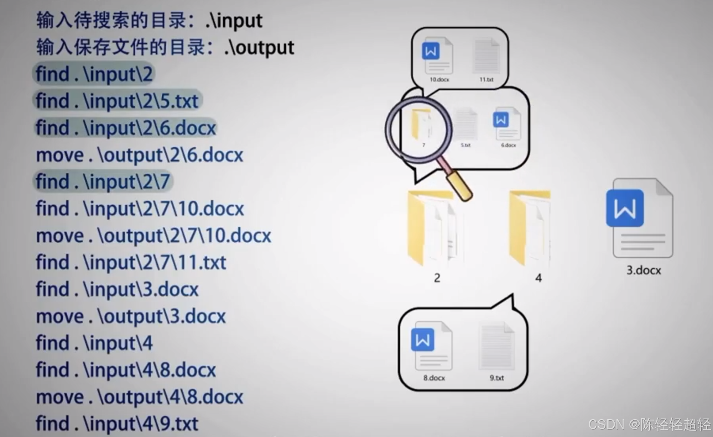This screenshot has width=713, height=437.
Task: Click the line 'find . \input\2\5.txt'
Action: click(117, 101)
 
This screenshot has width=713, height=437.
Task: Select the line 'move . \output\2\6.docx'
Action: click(140, 155)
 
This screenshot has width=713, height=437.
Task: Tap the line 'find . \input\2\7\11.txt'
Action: click(131, 263)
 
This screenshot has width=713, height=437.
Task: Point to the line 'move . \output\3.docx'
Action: click(131, 316)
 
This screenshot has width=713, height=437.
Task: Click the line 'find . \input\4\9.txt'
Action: click(117, 423)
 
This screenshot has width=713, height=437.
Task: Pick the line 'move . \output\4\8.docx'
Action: click(140, 397)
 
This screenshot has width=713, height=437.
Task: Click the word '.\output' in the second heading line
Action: click(259, 48)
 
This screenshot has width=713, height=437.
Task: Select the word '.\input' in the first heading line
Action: click(234, 21)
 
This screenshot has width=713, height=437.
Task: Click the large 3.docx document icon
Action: click(640, 218)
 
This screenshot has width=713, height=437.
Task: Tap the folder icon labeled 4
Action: click(530, 228)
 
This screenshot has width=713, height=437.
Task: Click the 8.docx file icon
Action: click(432, 346)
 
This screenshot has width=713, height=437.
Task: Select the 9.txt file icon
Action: click(496, 346)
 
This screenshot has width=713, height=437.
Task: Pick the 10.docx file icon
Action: click(437, 56)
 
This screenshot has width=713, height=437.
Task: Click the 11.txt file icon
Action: click(486, 56)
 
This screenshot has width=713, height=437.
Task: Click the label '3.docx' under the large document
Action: click(644, 270)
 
